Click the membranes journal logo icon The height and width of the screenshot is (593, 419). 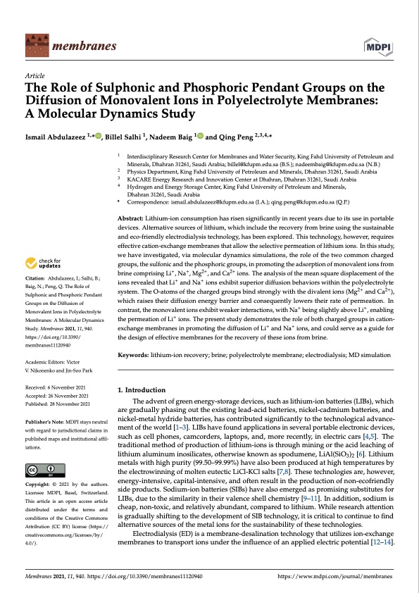coord(35,46)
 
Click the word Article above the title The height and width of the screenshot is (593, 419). coord(35,75)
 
